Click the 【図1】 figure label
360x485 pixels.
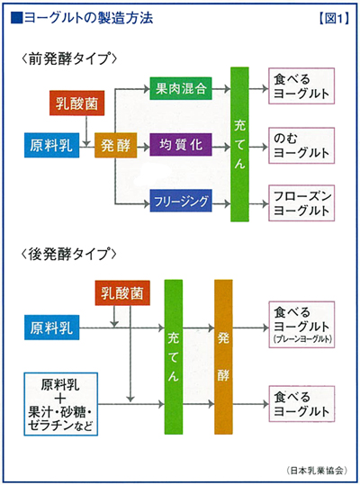[x=334, y=18]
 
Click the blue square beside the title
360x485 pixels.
[x=16, y=18]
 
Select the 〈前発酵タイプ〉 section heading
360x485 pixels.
[x=69, y=58]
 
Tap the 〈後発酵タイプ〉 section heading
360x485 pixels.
[x=69, y=255]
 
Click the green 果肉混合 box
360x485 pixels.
[x=181, y=88]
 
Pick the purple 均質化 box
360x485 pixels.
[x=181, y=145]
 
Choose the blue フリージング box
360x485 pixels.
[x=181, y=201]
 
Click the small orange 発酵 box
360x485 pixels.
[x=116, y=146]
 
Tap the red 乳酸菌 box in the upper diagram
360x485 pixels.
[x=77, y=103]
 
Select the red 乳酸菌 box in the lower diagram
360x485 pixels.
[x=122, y=293]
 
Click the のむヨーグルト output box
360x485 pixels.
[x=301, y=146]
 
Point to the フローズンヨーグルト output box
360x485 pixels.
[x=301, y=203]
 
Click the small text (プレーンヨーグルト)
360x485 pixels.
[x=302, y=339]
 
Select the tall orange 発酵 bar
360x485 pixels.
[x=223, y=357]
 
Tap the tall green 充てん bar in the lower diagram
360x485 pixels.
[x=174, y=357]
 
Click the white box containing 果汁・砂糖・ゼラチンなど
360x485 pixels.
[x=61, y=404]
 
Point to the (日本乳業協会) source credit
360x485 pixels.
[x=317, y=471]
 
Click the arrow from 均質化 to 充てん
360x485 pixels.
[x=221, y=147]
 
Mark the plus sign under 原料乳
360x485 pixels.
[x=60, y=399]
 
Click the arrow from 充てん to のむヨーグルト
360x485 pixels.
[x=258, y=147]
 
